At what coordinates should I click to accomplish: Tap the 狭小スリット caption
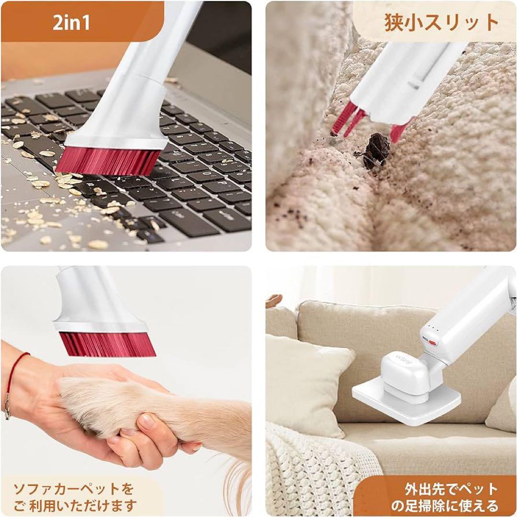coord(441,22)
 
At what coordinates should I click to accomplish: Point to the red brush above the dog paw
coord(107,344)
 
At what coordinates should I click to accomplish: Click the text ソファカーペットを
coord(73,489)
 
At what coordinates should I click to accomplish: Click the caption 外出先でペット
coord(451,489)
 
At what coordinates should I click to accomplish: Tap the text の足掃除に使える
coord(445,506)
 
